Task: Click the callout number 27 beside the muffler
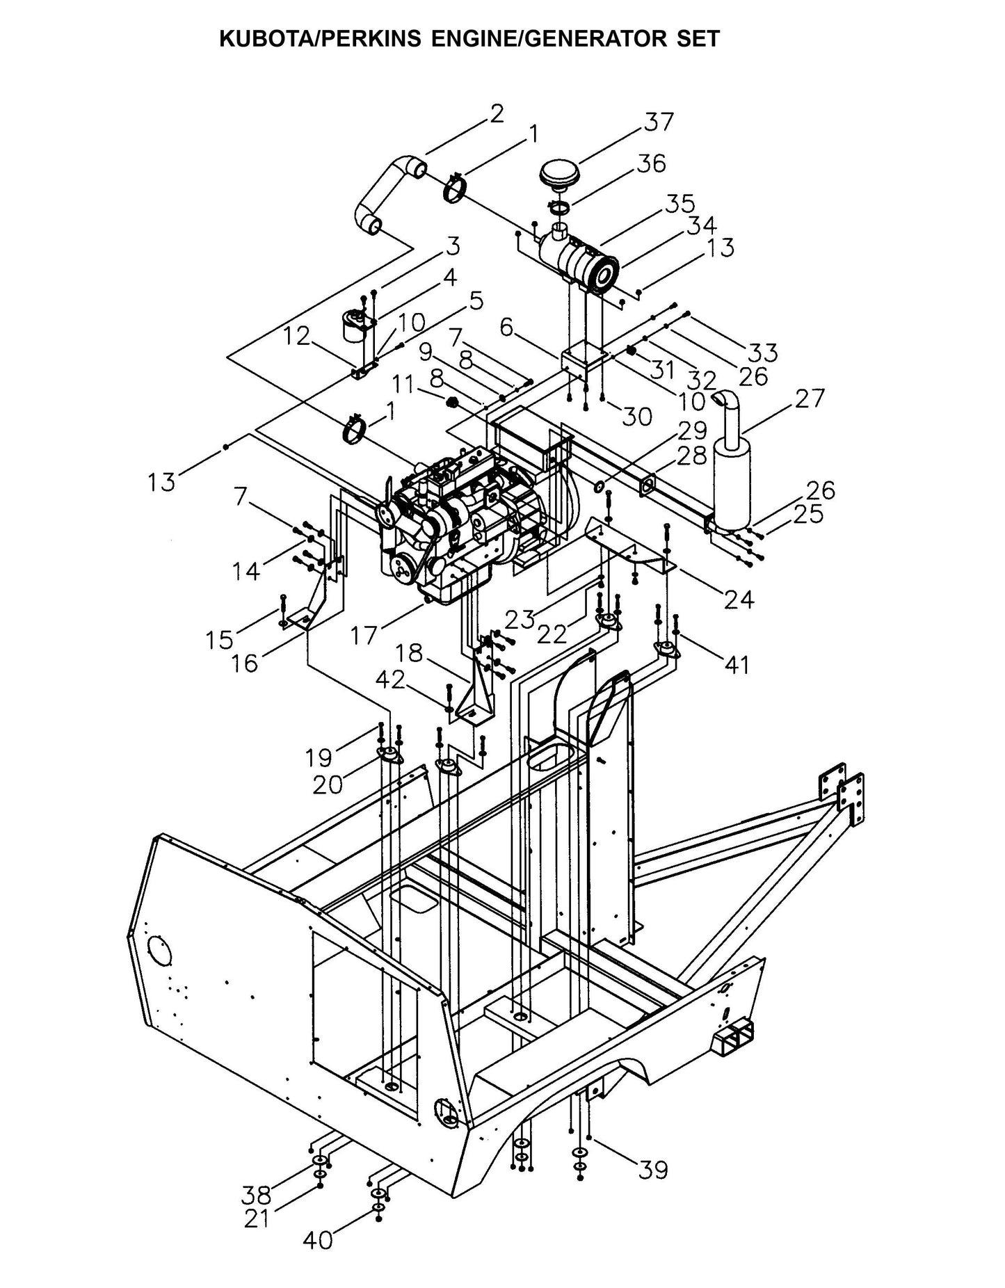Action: [809, 399]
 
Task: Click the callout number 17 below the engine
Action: [364, 634]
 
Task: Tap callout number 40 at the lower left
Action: [318, 1239]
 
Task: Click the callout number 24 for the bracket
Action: [739, 599]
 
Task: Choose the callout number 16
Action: [246, 663]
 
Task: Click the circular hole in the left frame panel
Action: [161, 949]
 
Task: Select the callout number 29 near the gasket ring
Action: [691, 430]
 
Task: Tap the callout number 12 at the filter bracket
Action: [296, 337]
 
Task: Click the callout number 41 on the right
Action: [737, 665]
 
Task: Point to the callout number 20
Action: [327, 784]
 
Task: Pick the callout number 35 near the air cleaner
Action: [679, 204]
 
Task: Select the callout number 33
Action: [762, 352]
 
